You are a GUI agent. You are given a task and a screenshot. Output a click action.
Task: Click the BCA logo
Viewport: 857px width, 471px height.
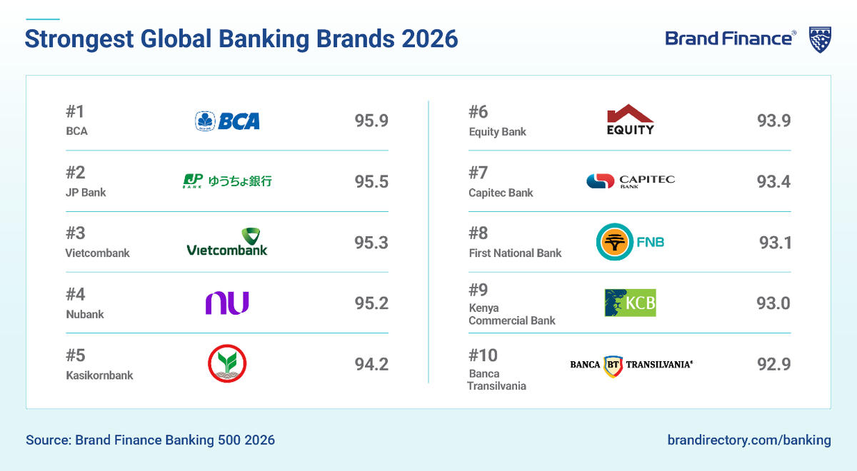(x=227, y=121)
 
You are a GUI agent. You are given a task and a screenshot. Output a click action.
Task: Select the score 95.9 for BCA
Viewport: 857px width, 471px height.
(x=371, y=121)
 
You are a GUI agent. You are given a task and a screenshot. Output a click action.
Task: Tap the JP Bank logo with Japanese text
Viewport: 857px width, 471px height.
(x=227, y=181)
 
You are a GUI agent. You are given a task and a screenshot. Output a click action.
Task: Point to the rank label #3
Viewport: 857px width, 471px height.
(x=76, y=233)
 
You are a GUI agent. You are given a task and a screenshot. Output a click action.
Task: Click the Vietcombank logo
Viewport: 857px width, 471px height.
(x=227, y=242)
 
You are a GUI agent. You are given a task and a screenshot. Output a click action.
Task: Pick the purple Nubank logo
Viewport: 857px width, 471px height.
(x=227, y=303)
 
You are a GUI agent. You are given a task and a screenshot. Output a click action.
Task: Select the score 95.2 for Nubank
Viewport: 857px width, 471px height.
(x=371, y=303)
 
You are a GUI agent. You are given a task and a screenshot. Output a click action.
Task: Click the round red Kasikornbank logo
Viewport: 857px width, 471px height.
(x=227, y=364)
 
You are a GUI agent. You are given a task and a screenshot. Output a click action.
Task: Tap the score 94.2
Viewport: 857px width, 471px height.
(x=371, y=364)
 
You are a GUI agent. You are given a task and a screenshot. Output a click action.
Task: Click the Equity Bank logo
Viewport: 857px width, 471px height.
(x=630, y=120)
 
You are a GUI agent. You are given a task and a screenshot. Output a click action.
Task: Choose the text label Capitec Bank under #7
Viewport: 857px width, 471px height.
(x=501, y=193)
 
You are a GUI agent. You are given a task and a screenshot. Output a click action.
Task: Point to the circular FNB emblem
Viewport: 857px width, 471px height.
(x=614, y=242)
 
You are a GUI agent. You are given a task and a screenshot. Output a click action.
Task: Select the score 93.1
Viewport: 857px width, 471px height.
(x=775, y=243)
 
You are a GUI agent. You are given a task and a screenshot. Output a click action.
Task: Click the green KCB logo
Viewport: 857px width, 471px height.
(x=630, y=303)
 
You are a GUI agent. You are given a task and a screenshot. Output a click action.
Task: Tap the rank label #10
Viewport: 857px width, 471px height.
(x=483, y=355)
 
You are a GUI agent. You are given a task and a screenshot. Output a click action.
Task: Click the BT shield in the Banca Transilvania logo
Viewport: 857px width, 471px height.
(x=613, y=365)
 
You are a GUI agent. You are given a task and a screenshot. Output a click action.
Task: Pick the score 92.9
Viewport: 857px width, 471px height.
(x=773, y=364)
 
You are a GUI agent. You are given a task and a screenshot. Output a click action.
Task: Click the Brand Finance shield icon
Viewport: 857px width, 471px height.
(x=819, y=39)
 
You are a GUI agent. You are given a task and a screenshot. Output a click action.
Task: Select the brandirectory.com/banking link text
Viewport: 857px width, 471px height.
(x=749, y=440)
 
